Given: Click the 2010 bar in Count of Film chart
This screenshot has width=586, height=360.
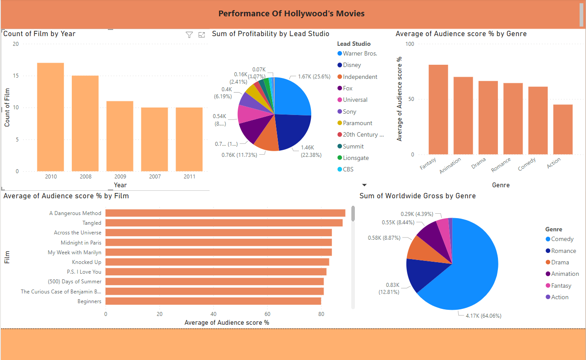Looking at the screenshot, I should coord(50,117).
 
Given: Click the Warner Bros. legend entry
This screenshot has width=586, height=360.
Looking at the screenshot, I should coord(360,53).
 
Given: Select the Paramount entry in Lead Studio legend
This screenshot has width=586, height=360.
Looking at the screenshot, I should coord(357,123).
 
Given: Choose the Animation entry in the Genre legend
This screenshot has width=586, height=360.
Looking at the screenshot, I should coord(565,274).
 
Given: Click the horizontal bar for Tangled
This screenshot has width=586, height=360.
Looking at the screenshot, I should coord(224,223).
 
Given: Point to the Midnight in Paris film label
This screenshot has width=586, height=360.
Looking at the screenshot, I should coord(81,243).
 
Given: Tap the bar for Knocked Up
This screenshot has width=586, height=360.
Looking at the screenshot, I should coord(217,262).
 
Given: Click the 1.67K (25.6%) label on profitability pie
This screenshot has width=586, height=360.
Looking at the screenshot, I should coord(314,76).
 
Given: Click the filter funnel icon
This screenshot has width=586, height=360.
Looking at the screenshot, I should coord(189,35).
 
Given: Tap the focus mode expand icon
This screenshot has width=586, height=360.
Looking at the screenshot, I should coord(202,35).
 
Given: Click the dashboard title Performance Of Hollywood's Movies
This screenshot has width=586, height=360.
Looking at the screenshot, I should coord(291,13).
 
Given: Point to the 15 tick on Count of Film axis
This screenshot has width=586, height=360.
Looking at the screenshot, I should coord(16,76).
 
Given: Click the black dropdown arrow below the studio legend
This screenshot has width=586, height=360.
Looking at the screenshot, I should coord(364,185).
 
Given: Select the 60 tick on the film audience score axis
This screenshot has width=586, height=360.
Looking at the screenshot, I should coord(267,314).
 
